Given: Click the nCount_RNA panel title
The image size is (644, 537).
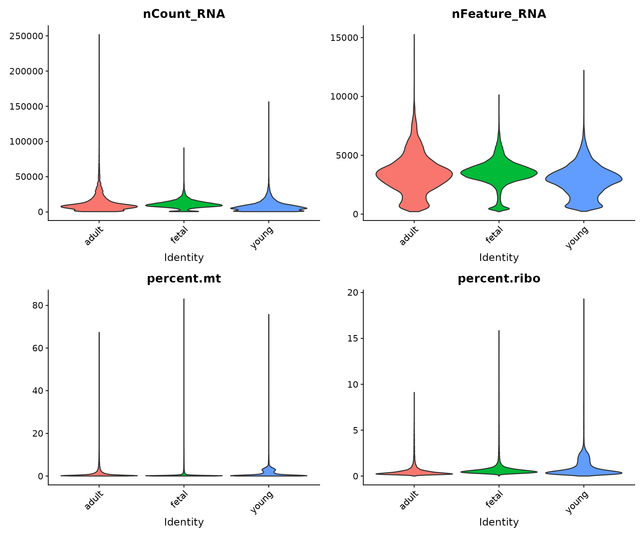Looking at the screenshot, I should pos(184,14).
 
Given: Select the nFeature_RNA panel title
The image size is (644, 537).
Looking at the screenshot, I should pos(499,14).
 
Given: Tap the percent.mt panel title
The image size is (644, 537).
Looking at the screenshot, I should pos(184,279).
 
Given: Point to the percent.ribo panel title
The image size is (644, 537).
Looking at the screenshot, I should pos(499,279).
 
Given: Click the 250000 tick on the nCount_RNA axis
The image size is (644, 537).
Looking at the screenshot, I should pos(26,36).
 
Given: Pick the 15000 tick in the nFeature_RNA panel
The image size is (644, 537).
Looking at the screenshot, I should pos(344,38).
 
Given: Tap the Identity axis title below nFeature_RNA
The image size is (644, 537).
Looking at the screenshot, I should pos(499,258).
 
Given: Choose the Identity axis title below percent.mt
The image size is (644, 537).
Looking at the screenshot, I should pos(184,522).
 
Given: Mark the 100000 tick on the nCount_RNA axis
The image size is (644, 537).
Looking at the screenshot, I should pos(26,142).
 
